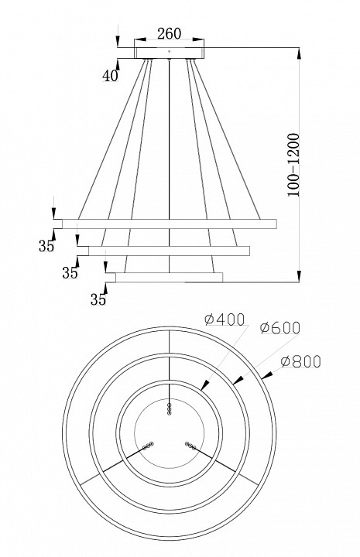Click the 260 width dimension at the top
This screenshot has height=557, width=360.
169,33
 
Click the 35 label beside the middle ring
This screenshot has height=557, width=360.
70,273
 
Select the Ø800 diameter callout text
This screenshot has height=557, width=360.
302,361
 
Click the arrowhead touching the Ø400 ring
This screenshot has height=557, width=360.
206,384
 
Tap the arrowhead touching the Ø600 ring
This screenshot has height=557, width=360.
238,378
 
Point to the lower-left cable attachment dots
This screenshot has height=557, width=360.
147,446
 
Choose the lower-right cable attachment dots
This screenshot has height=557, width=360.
191,446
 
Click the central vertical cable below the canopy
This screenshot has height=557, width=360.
170,139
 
